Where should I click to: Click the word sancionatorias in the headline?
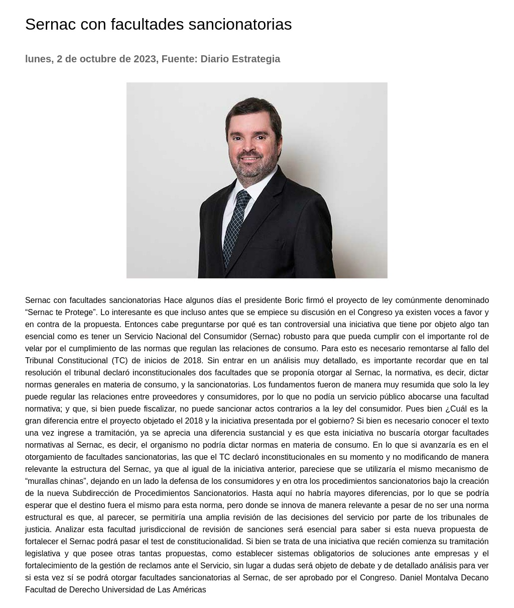[x=240, y=24]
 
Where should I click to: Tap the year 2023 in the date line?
[x=145, y=59]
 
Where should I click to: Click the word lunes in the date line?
[x=38, y=59]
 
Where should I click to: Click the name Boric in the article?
[x=294, y=300]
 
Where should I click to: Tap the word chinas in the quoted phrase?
[x=72, y=481]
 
